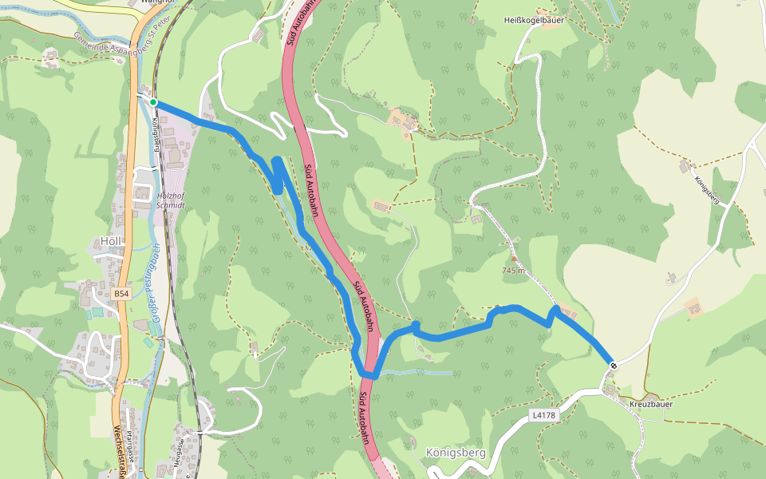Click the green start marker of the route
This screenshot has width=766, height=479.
coord(153,102)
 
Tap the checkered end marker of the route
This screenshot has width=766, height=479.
coord(614,366)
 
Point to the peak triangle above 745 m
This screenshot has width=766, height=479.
coord(514,260)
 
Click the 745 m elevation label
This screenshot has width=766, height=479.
coord(514,271)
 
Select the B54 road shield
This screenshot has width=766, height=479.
coord(120,294)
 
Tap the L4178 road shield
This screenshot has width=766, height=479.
coord(543,415)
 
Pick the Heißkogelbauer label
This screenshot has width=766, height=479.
coord(535,21)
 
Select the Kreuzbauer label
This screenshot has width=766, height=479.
coord(651,404)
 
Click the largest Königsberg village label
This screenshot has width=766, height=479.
coord(456,453)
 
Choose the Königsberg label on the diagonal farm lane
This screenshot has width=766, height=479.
coord(708,190)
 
